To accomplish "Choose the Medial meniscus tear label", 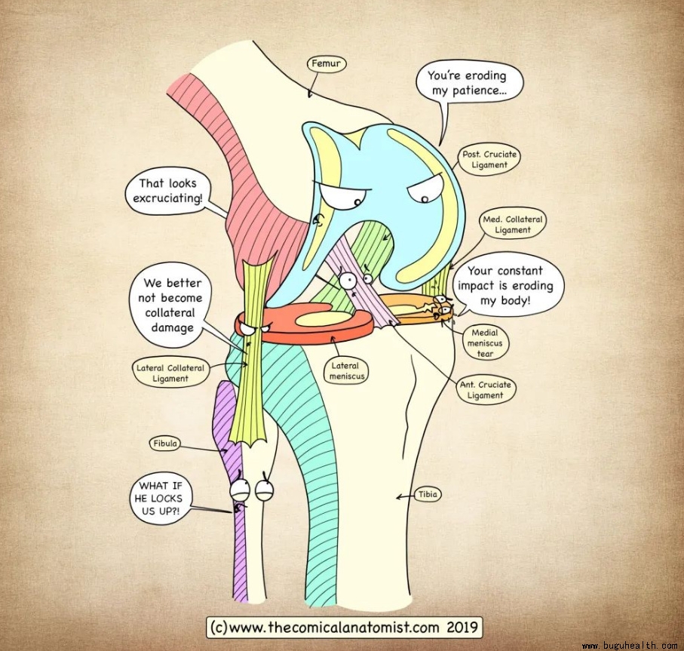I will [x=489, y=342].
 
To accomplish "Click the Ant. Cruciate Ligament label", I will [x=485, y=390].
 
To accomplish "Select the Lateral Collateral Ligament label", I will [x=171, y=373].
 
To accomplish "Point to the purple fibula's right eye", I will [x=265, y=490].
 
